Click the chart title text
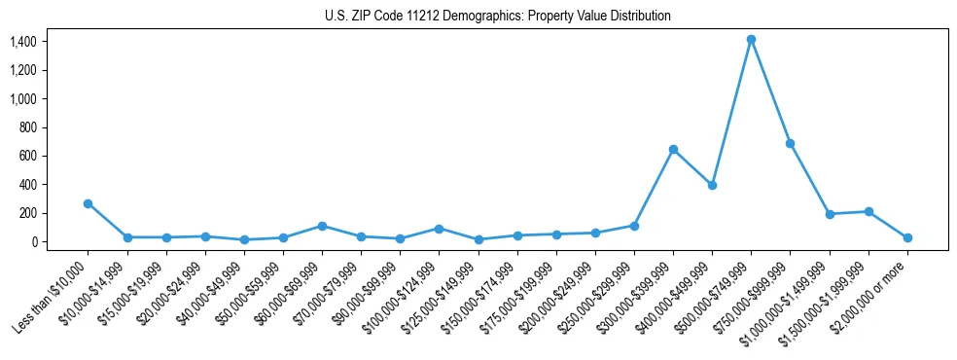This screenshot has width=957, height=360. (x=497, y=16)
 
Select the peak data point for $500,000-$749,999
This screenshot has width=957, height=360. (x=751, y=40)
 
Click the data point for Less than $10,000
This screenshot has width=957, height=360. (x=88, y=203)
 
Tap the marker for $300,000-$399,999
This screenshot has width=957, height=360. (x=673, y=149)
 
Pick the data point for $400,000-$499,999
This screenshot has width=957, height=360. (x=712, y=185)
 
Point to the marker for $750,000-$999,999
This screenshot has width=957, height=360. (x=790, y=143)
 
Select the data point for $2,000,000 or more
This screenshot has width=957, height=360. (x=907, y=237)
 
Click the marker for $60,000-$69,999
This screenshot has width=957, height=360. (x=322, y=226)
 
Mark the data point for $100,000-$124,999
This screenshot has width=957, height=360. (x=439, y=229)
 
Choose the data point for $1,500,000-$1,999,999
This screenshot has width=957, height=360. (x=868, y=211)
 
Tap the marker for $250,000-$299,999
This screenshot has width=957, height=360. (x=634, y=226)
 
